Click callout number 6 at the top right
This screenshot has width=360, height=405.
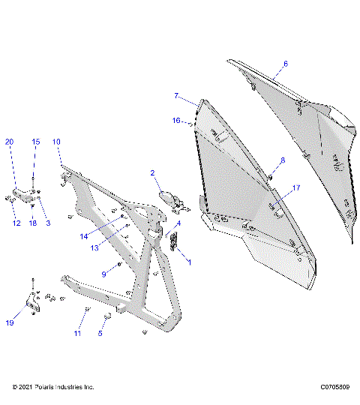285,64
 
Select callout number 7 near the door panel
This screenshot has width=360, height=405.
176,96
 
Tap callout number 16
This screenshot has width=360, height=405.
176,120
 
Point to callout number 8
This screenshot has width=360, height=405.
283,160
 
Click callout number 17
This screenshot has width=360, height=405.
296,187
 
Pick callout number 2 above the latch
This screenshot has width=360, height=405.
153,173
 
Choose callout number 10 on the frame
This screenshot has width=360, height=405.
56,141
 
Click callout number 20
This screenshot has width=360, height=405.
10,141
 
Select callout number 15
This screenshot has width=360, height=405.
34,141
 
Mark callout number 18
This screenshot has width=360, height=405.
32,223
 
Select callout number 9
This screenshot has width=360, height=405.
105,274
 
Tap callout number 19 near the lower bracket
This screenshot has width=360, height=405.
10,323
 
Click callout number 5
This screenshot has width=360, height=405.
100,334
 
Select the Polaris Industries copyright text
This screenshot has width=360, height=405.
53,387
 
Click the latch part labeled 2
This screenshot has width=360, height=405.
172,199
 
